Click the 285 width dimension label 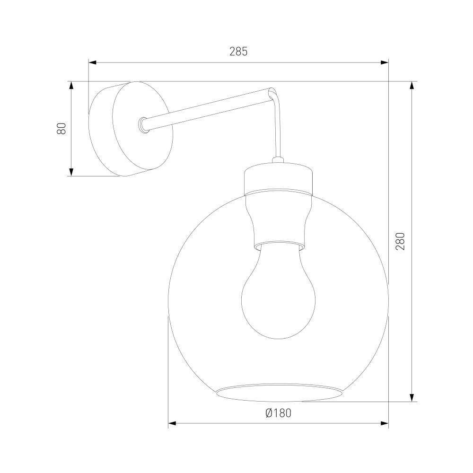pyautogui.click(x=238, y=52)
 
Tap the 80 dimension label pyautogui.click(x=61, y=129)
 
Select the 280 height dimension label pyautogui.click(x=400, y=241)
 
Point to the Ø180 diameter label pyautogui.click(x=279, y=413)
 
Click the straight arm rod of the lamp pyautogui.click(x=208, y=109)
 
